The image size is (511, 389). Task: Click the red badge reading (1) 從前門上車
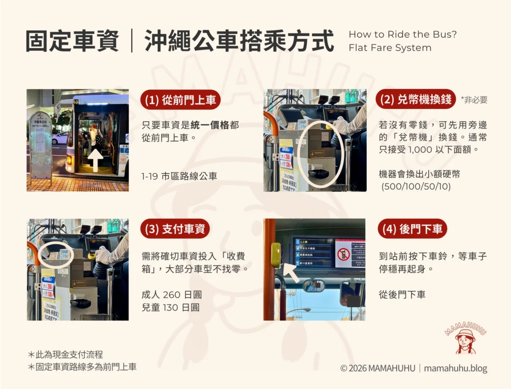[x=180, y=100]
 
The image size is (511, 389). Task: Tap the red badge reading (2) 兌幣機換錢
[x=415, y=99]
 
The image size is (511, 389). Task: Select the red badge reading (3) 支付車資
[x=175, y=229]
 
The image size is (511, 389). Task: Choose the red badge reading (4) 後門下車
[x=412, y=229]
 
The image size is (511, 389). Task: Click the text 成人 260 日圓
[x=172, y=294]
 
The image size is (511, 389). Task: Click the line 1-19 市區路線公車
[x=180, y=176]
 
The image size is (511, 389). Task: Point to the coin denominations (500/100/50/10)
[x=415, y=187]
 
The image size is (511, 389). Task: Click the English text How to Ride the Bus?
[x=403, y=34]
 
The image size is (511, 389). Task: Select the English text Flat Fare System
[x=390, y=48]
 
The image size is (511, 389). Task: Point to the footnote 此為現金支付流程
[x=68, y=355]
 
